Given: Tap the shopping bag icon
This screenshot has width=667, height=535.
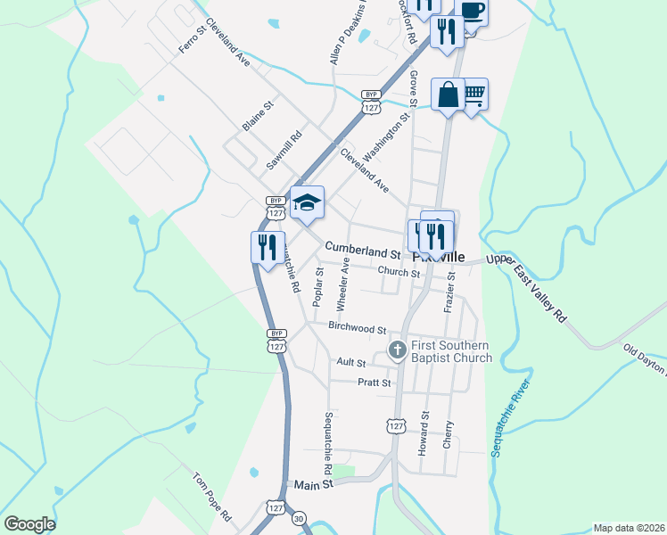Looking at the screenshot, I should (x=448, y=94).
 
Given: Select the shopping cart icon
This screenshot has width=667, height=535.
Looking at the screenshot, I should (x=474, y=94).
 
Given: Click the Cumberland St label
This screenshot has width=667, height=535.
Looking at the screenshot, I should (x=362, y=246).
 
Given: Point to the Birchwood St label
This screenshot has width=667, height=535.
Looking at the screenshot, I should (x=357, y=328).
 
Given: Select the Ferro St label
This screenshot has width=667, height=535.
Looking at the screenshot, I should (x=193, y=40).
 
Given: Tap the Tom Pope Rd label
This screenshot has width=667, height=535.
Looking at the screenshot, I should (x=212, y=498).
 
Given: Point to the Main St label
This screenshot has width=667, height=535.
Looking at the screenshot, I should (x=314, y=484).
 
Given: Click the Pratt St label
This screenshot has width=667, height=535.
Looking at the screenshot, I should (x=375, y=383).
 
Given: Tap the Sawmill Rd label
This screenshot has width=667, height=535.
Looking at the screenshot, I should (x=285, y=152).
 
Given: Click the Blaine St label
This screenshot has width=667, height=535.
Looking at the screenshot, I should (x=258, y=116).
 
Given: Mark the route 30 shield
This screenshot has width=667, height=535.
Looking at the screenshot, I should (x=300, y=518).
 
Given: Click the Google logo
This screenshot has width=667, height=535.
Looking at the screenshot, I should (x=29, y=524).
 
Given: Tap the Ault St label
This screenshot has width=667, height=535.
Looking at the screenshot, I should (x=351, y=363).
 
